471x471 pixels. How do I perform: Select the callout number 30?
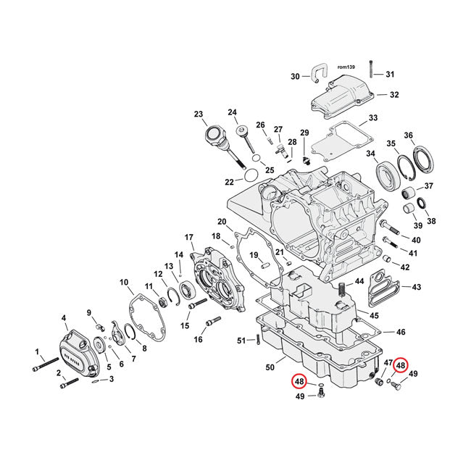[x=295, y=76]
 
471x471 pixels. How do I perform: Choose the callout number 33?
[x=373, y=117]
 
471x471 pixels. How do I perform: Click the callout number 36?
[x=429, y=136]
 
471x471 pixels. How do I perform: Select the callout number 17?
[x=189, y=237]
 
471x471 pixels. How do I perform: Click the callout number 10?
[x=124, y=282]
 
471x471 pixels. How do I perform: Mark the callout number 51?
[x=241, y=341]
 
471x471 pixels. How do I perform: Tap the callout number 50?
[x=270, y=368]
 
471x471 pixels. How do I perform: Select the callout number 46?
[x=401, y=332]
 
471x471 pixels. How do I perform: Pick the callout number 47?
[x=388, y=362]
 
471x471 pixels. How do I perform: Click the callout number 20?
[x=222, y=221]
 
